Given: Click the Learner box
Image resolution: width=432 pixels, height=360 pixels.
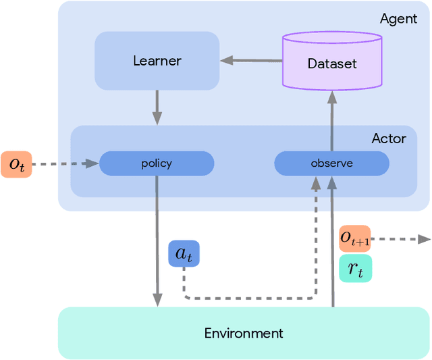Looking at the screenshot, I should (157, 61).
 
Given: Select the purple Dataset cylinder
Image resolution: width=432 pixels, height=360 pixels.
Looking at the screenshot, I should (331, 63).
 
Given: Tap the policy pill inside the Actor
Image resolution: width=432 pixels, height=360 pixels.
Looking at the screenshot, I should (157, 163).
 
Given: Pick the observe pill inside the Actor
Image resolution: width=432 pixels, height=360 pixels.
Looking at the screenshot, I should (331, 163).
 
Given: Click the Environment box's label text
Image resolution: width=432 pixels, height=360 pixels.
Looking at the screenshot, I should (244, 333).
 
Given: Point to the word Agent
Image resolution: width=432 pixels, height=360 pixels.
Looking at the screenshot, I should (398, 18).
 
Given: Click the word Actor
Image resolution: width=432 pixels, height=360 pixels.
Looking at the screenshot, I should (389, 138).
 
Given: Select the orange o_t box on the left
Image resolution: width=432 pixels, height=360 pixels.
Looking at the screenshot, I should (16, 163).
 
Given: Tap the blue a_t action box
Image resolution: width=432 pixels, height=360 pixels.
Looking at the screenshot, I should (184, 254).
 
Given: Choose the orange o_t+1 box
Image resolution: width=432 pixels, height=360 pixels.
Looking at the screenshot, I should (354, 238).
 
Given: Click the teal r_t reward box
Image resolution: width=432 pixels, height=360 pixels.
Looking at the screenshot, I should (355, 268).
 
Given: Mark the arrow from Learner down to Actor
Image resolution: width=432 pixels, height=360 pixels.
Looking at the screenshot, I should (157, 107).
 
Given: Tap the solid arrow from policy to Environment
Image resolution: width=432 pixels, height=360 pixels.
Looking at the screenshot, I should (157, 236).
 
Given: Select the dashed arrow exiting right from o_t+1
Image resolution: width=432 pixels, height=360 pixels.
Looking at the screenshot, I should (401, 238).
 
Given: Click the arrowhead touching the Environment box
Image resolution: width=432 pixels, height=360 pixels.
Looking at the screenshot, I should (157, 301).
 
